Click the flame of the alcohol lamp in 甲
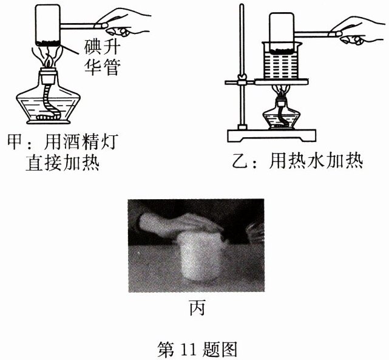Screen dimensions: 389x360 [x=49, y=61]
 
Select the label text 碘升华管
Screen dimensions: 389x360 [x=102, y=58]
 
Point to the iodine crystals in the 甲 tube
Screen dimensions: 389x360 [x=48, y=43]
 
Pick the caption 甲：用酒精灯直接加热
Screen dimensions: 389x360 [x=62, y=152]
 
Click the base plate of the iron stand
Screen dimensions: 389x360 [x=272, y=135]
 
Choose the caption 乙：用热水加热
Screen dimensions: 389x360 [x=298, y=161]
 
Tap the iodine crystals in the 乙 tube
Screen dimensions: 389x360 [x=282, y=52]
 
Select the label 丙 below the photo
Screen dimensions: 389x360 [x=197, y=308]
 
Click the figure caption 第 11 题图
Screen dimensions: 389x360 [x=197, y=349]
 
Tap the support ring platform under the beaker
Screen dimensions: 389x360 [x=282, y=82]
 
